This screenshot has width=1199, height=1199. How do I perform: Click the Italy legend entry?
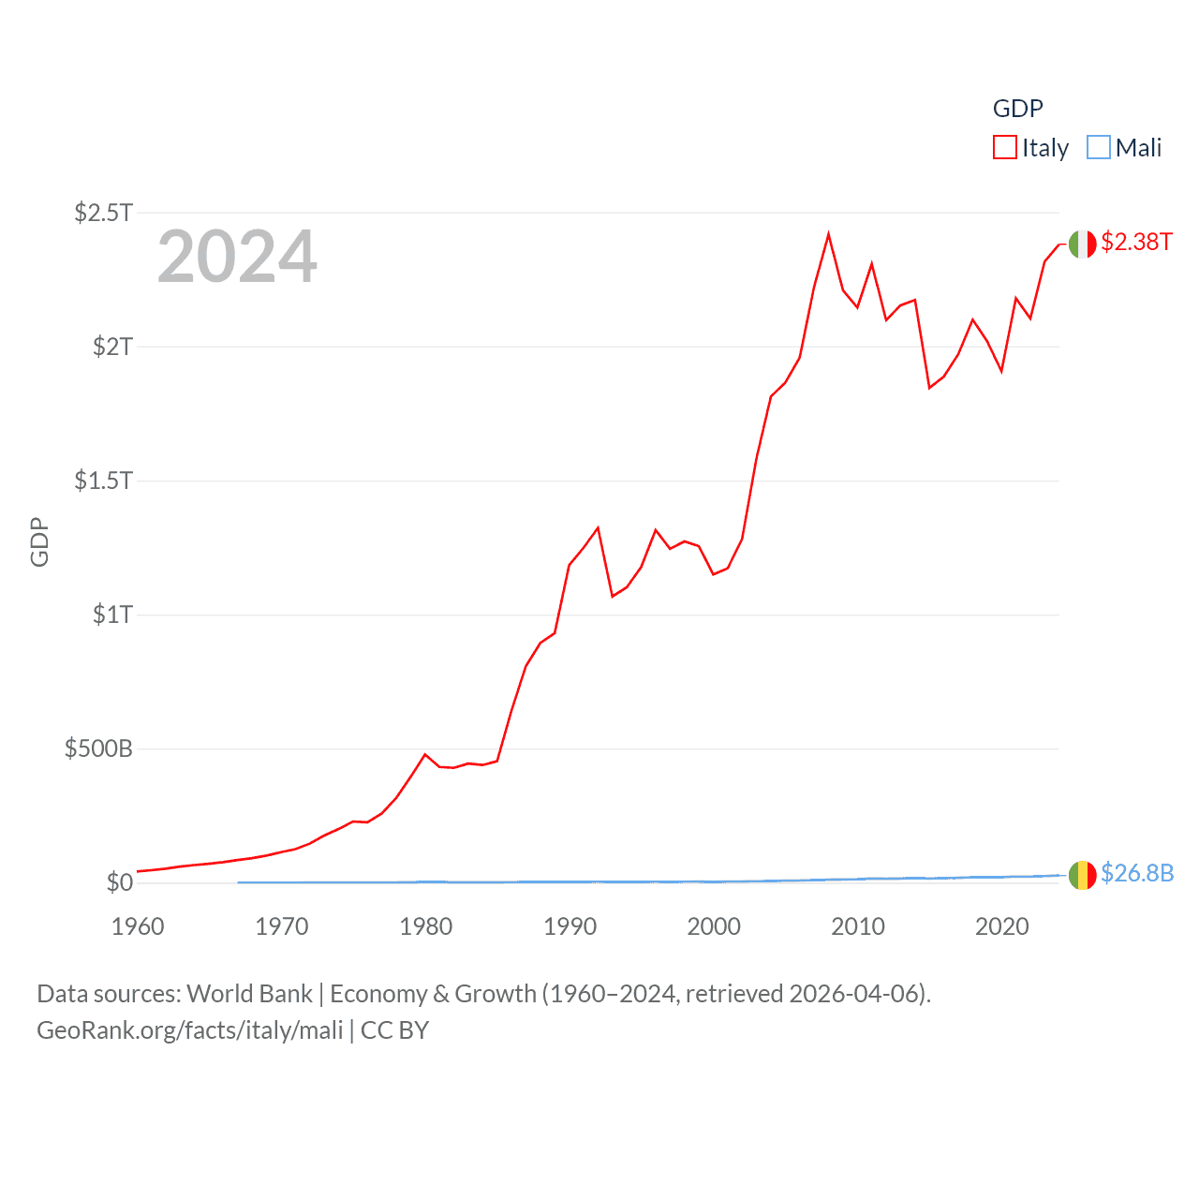pos(1030,148)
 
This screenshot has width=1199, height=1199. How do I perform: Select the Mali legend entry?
pos(1124,148)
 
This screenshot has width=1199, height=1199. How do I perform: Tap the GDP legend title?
pos(1017,109)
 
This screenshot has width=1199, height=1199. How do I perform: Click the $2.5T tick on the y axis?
pos(103,213)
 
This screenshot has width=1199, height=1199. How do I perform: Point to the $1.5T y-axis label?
pos(103,481)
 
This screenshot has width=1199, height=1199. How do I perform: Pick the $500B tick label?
pos(98,748)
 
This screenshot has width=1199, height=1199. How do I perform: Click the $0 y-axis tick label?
pos(119,882)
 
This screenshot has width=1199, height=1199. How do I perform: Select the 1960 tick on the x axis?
pos(138,926)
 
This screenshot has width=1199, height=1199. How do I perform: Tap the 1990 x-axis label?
pos(570,926)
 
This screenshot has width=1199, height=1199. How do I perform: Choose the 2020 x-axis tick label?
pos(1001,926)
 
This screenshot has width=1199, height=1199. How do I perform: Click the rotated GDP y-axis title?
pos(39,541)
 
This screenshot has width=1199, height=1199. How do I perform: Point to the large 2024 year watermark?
pos(237,257)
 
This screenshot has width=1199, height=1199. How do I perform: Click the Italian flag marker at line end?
pos(1082,244)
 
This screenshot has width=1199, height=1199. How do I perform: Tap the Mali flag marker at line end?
pos(1082,875)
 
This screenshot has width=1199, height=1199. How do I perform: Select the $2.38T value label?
pos(1136,242)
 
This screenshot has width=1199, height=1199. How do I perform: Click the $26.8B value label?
pos(1136,873)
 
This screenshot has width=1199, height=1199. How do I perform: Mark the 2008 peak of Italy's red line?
pos(828,233)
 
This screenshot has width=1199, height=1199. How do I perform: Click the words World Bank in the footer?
pos(250,994)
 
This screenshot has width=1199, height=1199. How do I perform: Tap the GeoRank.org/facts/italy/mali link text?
pos(190,1030)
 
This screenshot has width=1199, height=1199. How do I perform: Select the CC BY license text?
pos(394,1030)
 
